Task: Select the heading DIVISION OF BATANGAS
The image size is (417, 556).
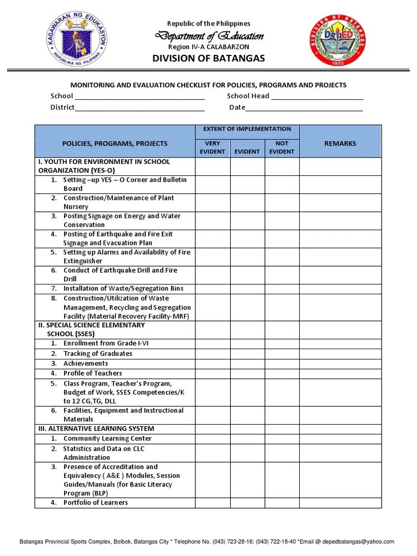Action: [208, 58]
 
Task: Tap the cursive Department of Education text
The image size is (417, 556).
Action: [209, 36]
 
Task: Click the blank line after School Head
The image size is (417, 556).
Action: [317, 98]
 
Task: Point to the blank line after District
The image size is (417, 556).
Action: [140, 109]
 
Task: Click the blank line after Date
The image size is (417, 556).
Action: [304, 109]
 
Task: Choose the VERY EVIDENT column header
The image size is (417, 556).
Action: [212, 147]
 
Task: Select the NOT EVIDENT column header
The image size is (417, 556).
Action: [282, 147]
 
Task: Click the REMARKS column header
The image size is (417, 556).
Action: [340, 143]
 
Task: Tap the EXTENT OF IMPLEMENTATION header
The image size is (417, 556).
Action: [247, 129]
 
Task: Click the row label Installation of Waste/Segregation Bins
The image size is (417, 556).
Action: [123, 288]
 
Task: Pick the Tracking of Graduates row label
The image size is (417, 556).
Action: [98, 353]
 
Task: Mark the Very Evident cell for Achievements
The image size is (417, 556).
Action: [212, 363]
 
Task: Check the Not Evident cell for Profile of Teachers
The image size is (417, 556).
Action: [282, 373]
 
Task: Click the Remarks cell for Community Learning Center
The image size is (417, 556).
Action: [340, 439]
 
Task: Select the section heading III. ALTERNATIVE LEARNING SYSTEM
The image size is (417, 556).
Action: [96, 428]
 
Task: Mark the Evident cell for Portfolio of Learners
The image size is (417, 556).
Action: [247, 503]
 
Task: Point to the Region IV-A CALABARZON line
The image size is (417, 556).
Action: [208, 47]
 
